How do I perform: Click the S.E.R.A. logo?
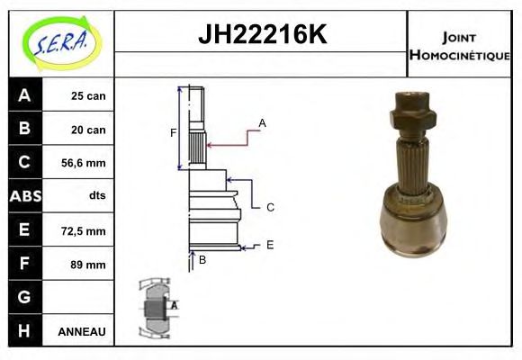click(62, 43)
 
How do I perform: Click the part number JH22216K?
click(262, 34)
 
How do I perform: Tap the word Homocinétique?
click(459, 55)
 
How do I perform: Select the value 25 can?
click(88, 96)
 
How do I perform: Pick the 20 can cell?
click(88, 130)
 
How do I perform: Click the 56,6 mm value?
click(83, 163)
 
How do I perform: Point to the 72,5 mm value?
click(83, 230)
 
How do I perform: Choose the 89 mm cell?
click(88, 265)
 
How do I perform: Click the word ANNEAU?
click(82, 331)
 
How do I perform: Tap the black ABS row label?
click(25, 196)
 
